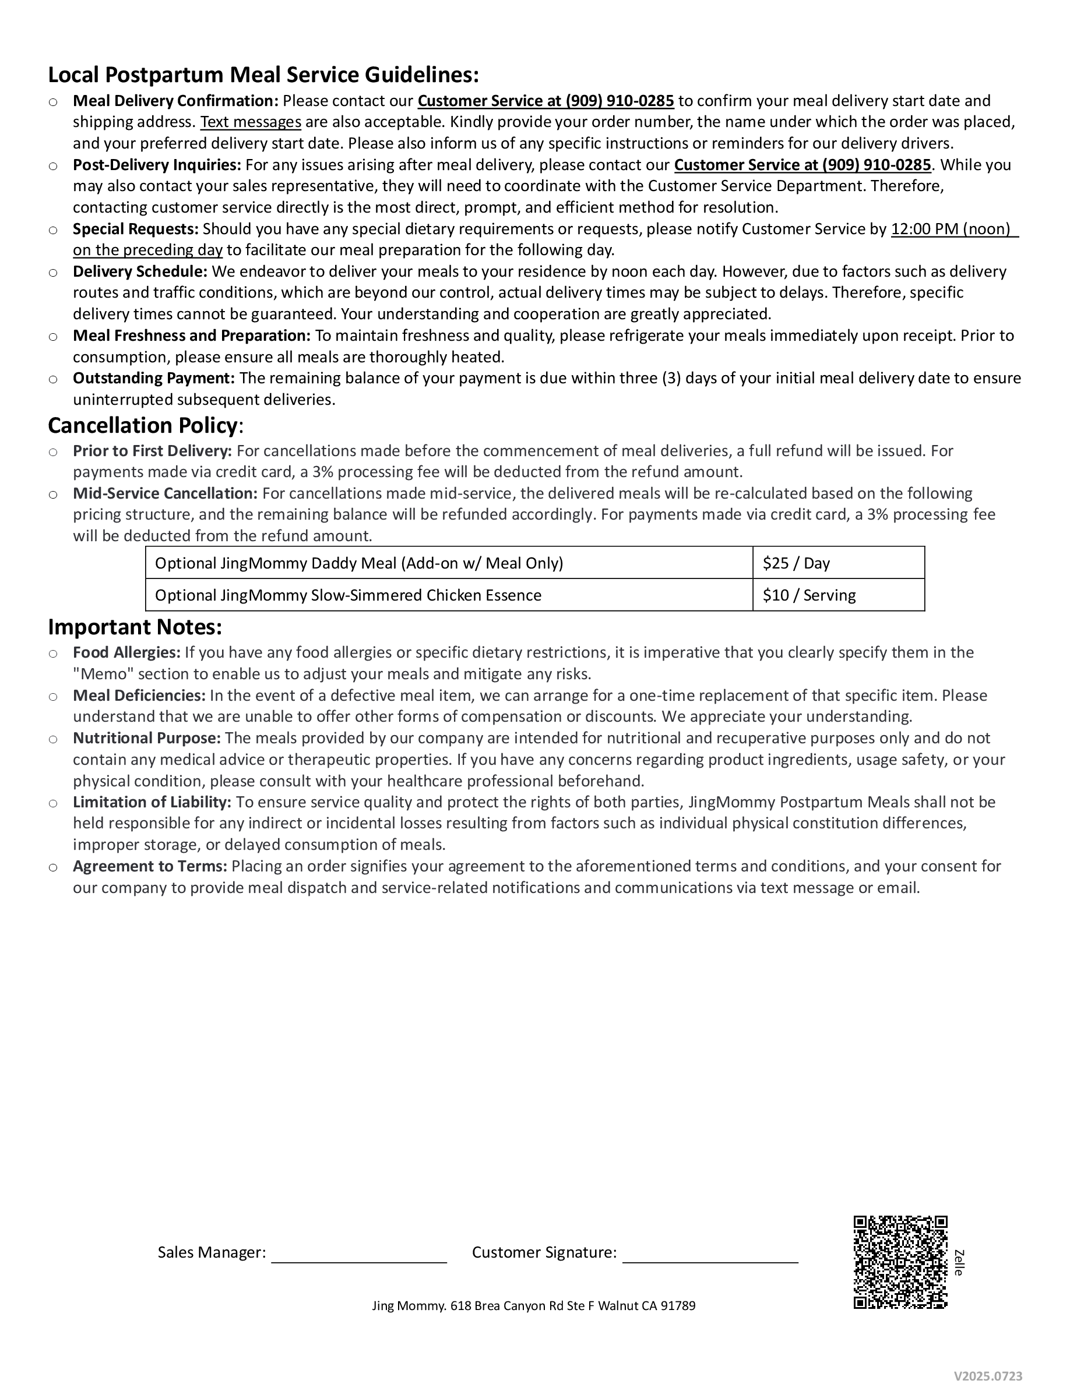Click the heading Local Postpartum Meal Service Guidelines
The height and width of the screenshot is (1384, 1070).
[263, 75]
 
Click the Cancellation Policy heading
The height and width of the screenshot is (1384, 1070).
[143, 425]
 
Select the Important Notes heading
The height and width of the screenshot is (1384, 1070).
[135, 627]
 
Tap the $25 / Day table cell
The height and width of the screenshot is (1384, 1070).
[837, 563]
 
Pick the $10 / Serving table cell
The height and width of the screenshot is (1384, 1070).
[837, 595]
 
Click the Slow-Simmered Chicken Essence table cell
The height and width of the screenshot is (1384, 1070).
[449, 595]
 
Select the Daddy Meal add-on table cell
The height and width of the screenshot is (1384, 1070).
[449, 563]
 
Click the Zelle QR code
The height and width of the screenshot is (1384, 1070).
[900, 1262]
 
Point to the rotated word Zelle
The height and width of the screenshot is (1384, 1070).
[959, 1263]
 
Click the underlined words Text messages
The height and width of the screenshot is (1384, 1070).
[251, 122]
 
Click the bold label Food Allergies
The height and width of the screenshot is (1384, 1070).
[126, 652]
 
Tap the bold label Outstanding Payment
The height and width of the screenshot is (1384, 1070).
[153, 377]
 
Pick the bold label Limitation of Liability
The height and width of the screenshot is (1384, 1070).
[152, 802]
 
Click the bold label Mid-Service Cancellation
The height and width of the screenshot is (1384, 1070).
[165, 493]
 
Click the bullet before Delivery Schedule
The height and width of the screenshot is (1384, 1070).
[53, 273]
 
